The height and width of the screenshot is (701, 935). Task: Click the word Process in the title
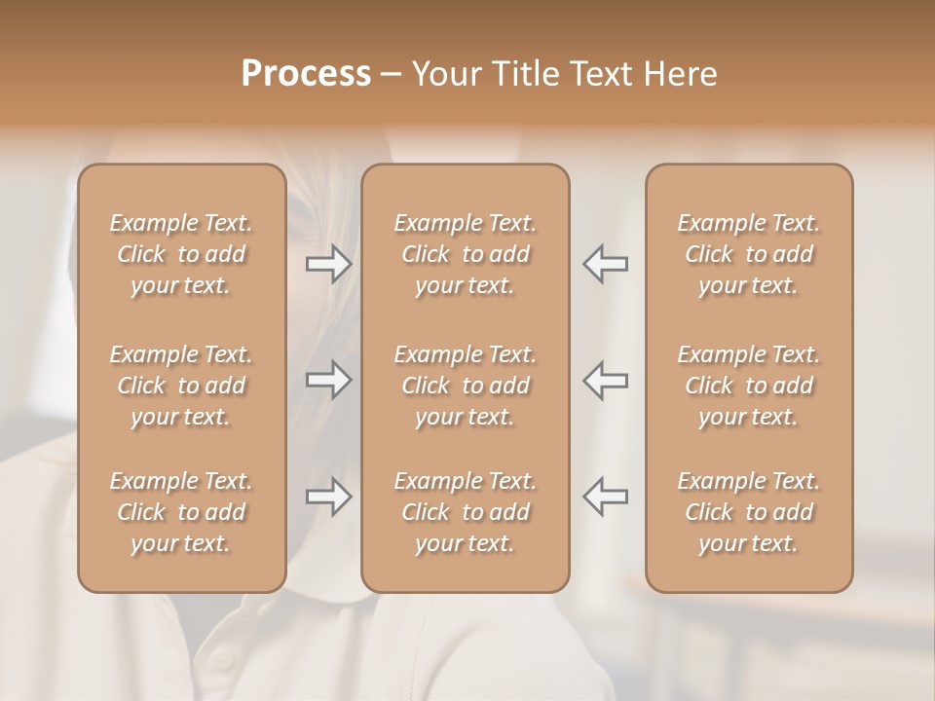point(306,74)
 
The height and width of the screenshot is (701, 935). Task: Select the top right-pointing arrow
point(328,264)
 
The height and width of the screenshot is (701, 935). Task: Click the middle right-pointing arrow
point(328,380)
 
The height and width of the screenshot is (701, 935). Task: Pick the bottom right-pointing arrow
point(328,497)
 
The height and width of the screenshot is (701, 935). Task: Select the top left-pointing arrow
point(606,264)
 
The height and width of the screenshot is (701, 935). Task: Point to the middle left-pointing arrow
point(606,380)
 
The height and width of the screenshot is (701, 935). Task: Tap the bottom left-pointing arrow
point(606,497)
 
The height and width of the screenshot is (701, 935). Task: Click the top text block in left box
point(181,254)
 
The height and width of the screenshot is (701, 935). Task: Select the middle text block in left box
point(181,386)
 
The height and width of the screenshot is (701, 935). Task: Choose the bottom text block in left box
point(181,512)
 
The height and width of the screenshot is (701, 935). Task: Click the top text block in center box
point(466,254)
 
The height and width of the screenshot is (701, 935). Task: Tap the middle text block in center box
point(466,386)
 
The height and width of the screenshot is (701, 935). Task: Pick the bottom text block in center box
point(466,512)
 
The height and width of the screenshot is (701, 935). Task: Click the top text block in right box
point(749,254)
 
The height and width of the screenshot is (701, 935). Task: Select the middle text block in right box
point(749,386)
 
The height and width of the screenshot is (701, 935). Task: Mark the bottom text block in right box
point(749,512)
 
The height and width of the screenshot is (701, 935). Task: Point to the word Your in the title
point(444,74)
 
